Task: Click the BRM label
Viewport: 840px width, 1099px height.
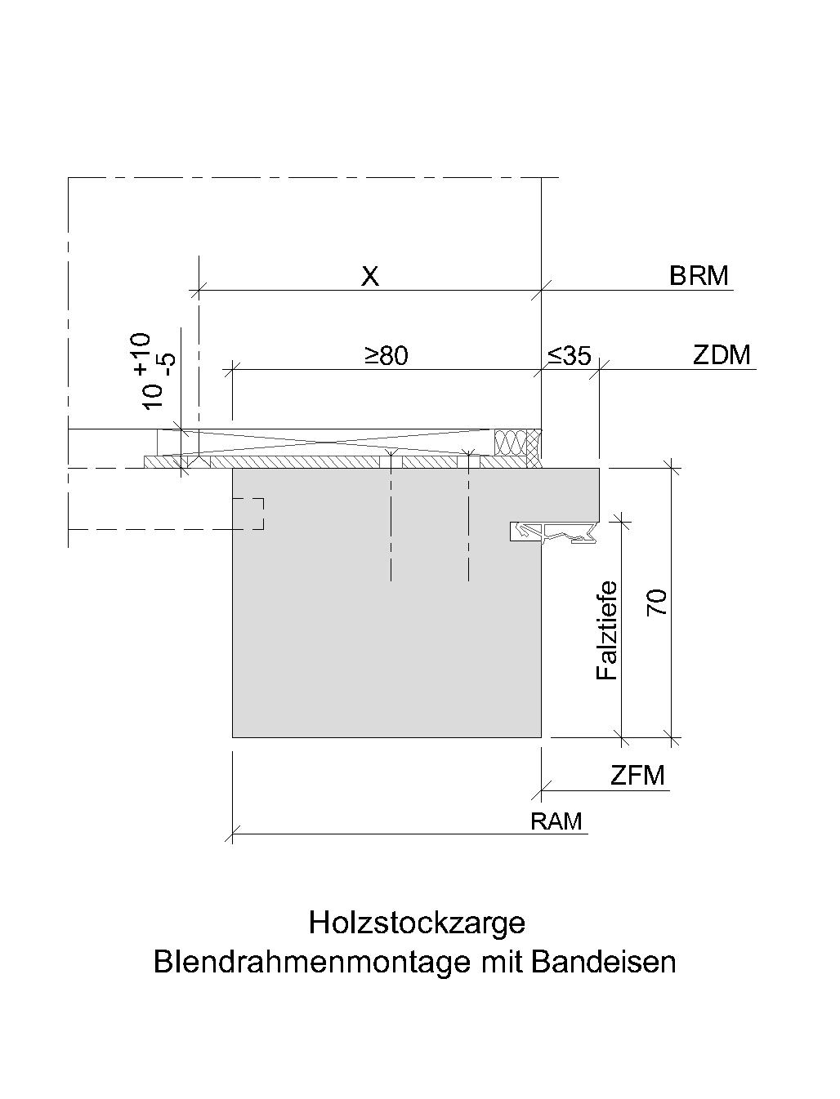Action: [699, 276]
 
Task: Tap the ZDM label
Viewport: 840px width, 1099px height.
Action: [722, 355]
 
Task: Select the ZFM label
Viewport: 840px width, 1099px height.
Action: [637, 776]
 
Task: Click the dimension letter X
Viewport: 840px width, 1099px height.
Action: [370, 276]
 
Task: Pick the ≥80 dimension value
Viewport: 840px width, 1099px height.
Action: [386, 355]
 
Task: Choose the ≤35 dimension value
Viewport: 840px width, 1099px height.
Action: [569, 355]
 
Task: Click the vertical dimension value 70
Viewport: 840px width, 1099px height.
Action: [657, 603]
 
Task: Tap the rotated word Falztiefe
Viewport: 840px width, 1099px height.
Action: [606, 630]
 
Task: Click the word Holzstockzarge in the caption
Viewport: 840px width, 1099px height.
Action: [417, 923]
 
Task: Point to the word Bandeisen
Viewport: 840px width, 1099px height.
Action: [604, 962]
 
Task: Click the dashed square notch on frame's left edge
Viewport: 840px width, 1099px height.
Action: [248, 514]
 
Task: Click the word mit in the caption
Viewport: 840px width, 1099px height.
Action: [500, 962]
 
